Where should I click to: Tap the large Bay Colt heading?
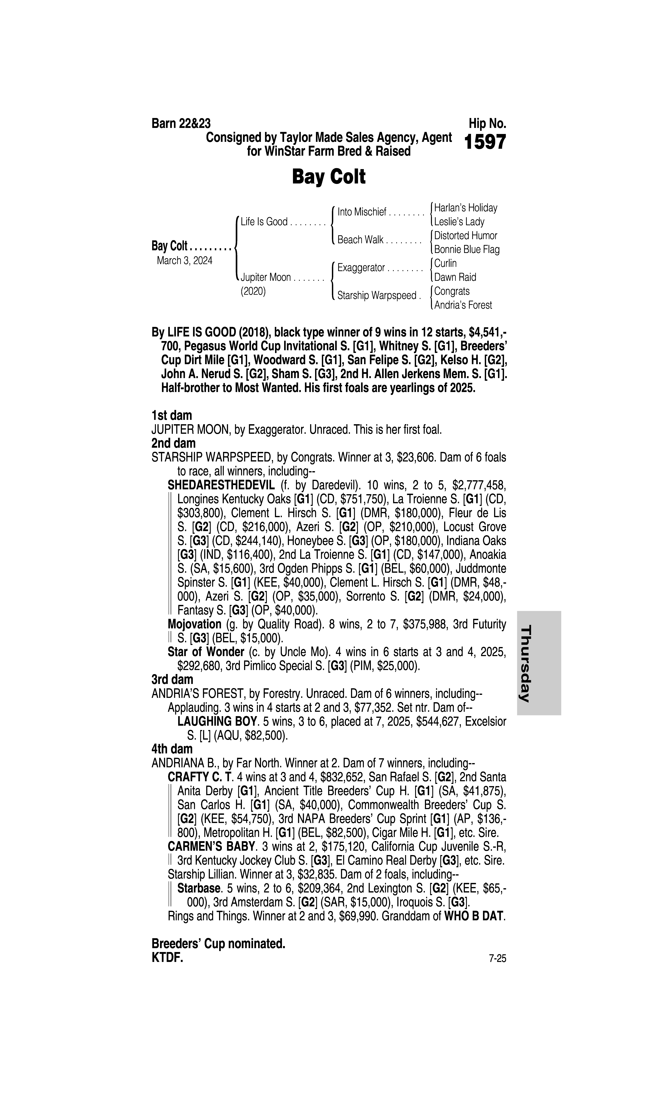click(x=329, y=177)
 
